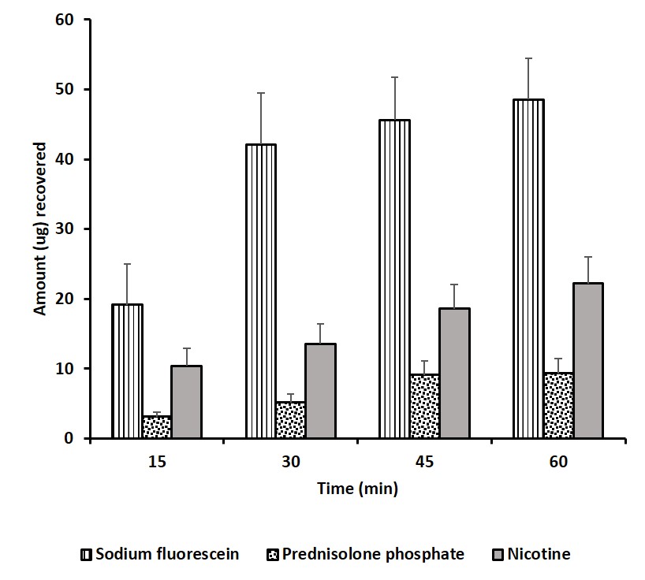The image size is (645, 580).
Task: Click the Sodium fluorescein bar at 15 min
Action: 127,371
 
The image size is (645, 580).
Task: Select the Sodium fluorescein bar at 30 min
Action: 261,292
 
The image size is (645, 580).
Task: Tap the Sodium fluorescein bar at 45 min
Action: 394,279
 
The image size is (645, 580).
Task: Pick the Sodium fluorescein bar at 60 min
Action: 528,269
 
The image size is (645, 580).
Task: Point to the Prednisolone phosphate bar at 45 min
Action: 424,407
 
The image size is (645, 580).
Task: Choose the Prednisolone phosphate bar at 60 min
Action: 558,406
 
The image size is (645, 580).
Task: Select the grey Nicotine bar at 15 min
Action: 187,402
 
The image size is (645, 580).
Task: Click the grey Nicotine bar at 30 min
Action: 321,391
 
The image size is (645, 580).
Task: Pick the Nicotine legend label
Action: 540,554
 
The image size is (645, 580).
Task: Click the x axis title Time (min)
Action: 357,489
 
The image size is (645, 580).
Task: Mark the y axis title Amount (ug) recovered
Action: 40,229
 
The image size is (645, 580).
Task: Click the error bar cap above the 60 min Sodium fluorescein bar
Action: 528,58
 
